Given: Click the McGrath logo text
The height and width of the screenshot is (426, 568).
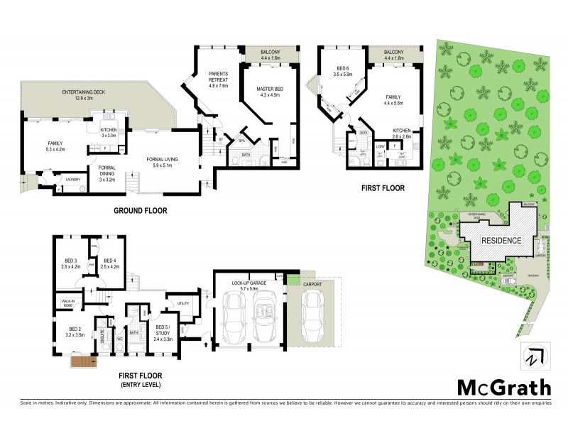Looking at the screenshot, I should point(503,387).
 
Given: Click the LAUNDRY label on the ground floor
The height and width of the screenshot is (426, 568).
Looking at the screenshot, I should point(72,180).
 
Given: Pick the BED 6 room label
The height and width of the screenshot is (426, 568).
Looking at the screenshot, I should point(344,71).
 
